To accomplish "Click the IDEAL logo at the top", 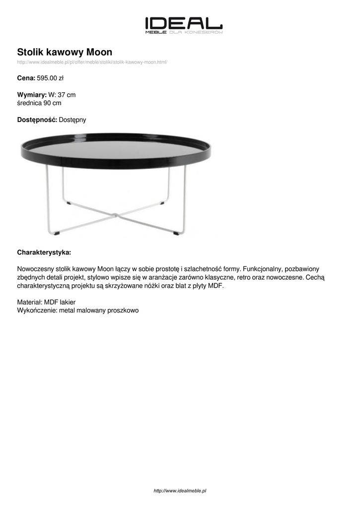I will (x=183, y=24).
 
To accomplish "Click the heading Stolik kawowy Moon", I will (x=65, y=52).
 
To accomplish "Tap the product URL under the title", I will (x=92, y=63).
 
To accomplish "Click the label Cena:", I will (x=26, y=78).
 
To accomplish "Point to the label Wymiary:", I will (x=32, y=95).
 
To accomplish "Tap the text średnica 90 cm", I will (x=39, y=103).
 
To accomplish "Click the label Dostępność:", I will (x=37, y=120).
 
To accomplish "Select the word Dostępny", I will (x=72, y=120).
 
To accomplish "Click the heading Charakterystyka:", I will (x=44, y=252).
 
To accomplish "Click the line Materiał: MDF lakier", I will (x=46, y=302).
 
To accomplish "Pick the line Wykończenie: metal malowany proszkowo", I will (x=78, y=310).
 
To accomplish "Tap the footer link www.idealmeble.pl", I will (x=180, y=491).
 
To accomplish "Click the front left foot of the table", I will (x=58, y=232).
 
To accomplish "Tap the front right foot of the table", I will (x=177, y=232).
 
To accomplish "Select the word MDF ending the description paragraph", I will (x=216, y=286).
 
